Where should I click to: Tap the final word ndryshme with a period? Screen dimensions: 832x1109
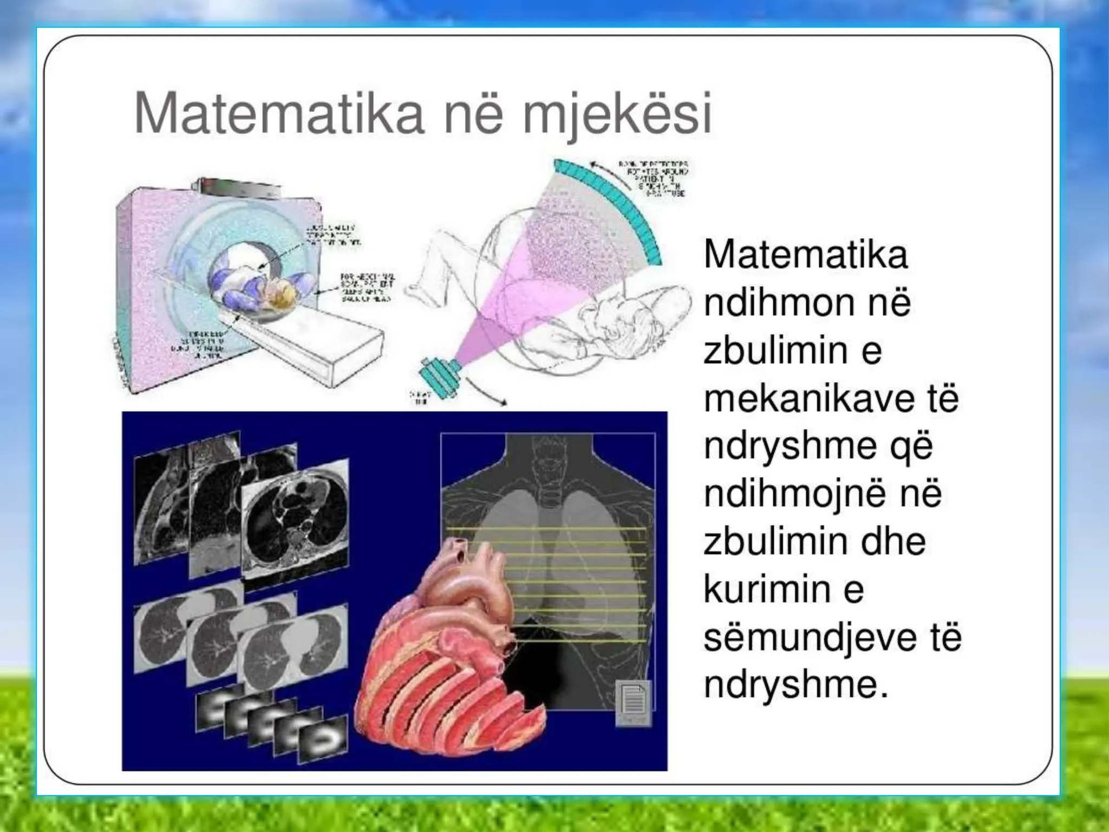796,685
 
